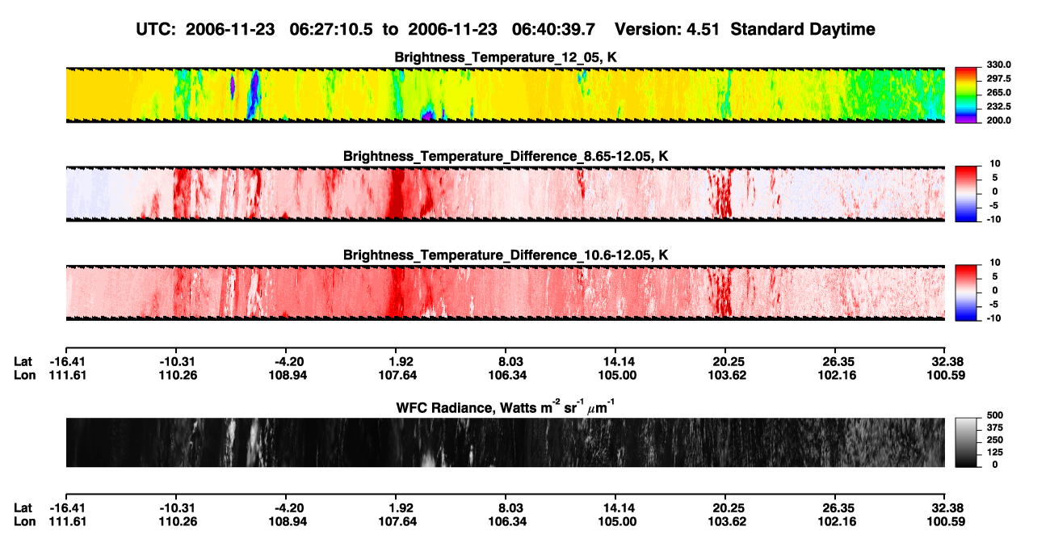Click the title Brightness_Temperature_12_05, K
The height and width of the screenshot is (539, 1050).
click(x=506, y=57)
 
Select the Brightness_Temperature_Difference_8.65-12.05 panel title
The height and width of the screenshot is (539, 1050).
click(x=506, y=156)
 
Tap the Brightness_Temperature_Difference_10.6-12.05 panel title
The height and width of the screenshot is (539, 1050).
click(x=506, y=255)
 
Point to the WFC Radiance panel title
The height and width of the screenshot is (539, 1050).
click(x=506, y=406)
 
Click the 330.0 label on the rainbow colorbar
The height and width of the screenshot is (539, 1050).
click(x=998, y=65)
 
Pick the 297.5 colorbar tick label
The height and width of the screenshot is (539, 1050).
click(x=998, y=78)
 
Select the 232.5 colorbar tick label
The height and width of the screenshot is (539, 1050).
click(x=998, y=107)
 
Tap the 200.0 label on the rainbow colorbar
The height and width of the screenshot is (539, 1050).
click(x=998, y=120)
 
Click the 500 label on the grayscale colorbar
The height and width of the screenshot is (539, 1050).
click(x=995, y=415)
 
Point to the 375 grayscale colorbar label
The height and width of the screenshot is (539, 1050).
click(x=995, y=427)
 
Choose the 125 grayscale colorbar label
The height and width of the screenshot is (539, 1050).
click(x=995, y=453)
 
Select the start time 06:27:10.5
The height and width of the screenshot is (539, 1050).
click(x=331, y=29)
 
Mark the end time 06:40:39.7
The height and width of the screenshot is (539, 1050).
click(x=553, y=29)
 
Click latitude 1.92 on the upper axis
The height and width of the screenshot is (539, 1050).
click(x=401, y=362)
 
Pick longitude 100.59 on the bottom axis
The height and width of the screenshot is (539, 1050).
click(x=946, y=522)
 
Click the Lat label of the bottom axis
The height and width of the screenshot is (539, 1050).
click(x=23, y=508)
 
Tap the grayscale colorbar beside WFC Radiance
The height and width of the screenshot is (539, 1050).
click(x=966, y=442)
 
